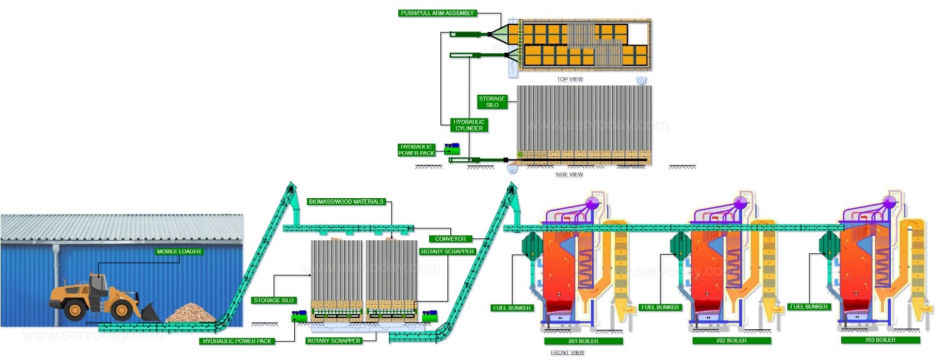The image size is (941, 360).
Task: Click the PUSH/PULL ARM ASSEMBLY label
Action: pyautogui.click(x=438, y=13)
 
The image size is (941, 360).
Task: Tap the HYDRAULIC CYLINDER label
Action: pyautogui.click(x=469, y=124)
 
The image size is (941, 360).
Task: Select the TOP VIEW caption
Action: pyautogui.click(x=570, y=79)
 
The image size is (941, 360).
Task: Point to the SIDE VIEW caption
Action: pyautogui.click(x=569, y=174)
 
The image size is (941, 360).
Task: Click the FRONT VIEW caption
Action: pyautogui.click(x=567, y=352)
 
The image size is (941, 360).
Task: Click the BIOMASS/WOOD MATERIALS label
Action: pyautogui.click(x=346, y=202)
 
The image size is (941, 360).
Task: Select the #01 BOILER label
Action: pyautogui.click(x=583, y=341)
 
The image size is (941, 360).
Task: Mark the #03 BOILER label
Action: pyautogui.click(x=881, y=340)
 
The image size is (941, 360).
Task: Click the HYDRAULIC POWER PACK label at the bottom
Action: pyautogui.click(x=238, y=341)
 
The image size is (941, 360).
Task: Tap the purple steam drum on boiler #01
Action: pyautogui.click(x=591, y=203)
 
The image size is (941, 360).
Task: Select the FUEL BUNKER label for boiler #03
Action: pyautogui.click(x=809, y=307)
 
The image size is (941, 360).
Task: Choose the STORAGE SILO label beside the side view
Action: pyautogui.click(x=492, y=102)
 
